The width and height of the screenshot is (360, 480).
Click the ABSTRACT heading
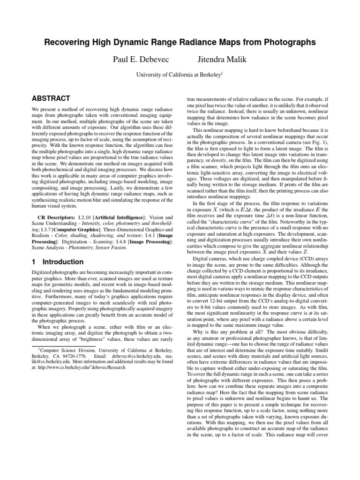pos(50,98)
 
